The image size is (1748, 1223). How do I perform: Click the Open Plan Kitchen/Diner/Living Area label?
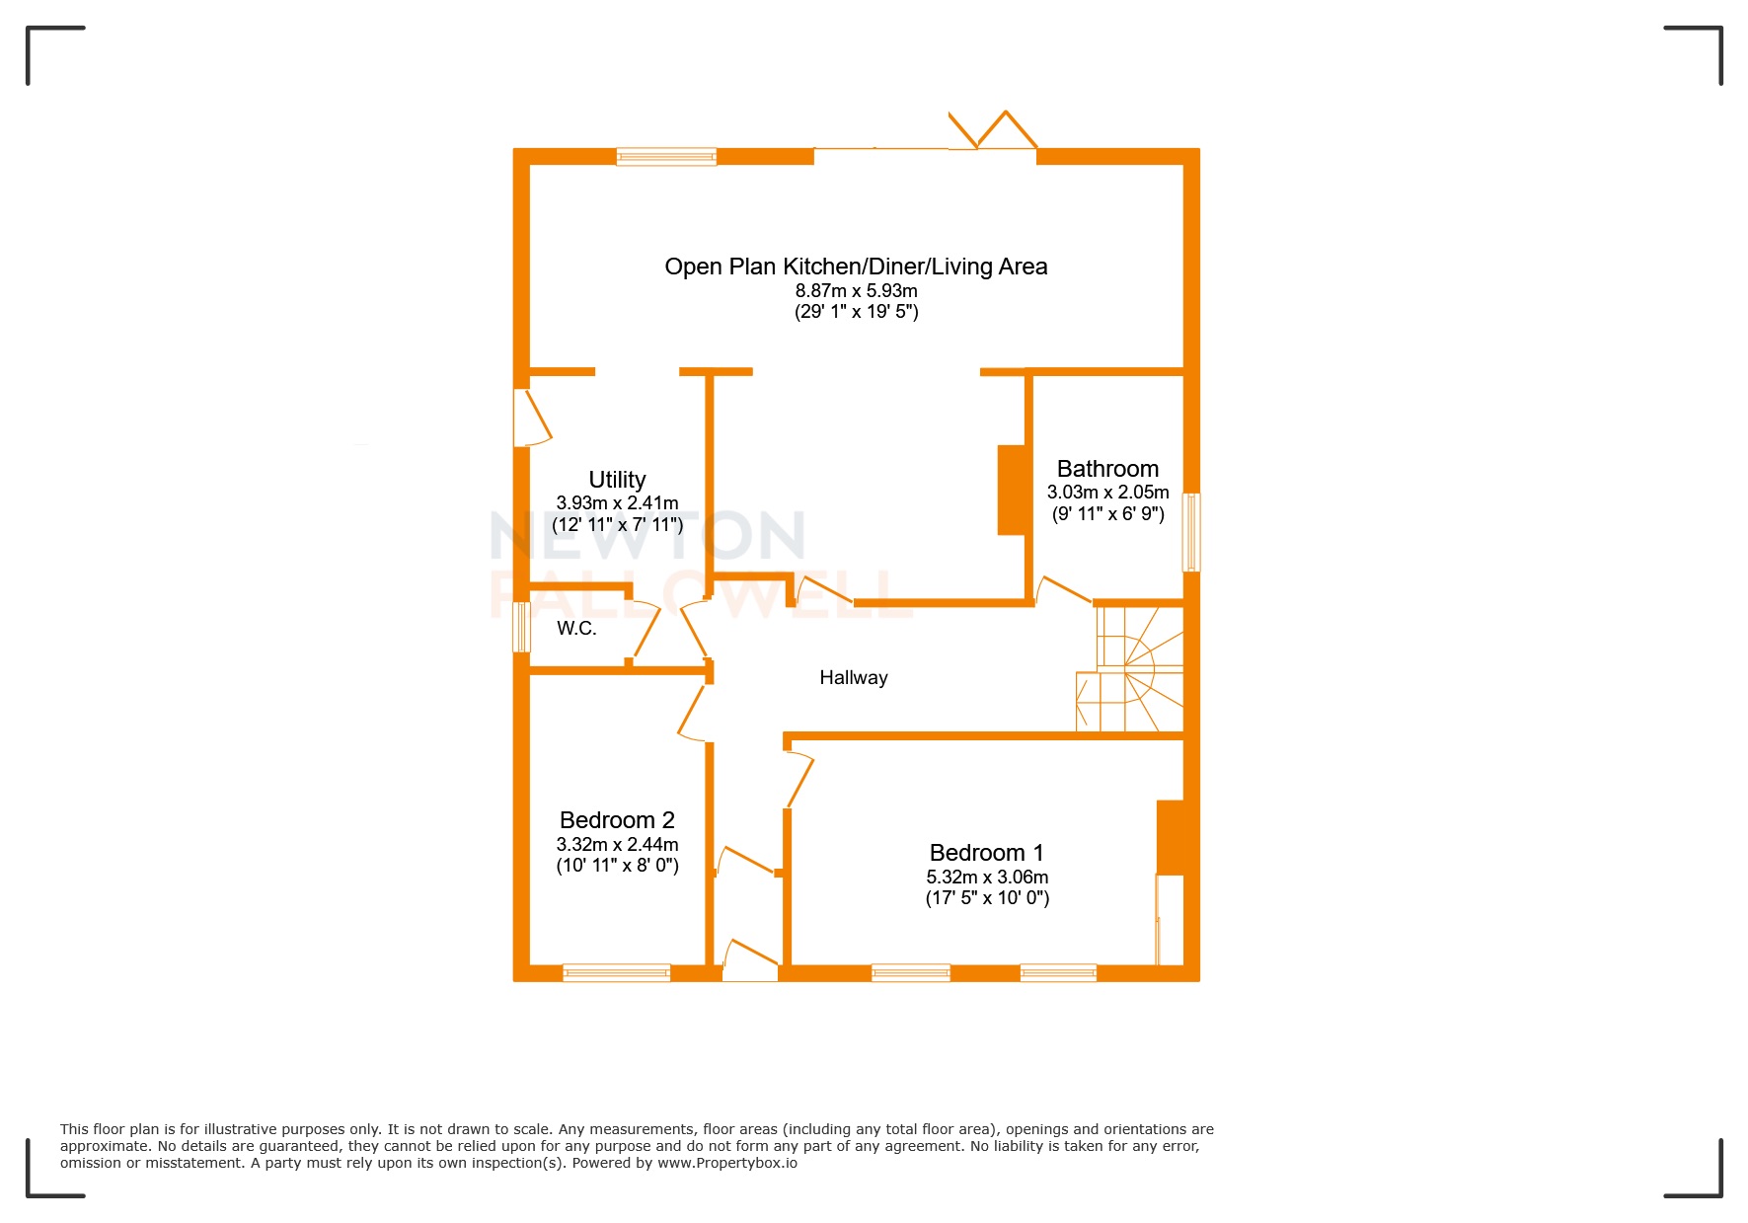[856, 267]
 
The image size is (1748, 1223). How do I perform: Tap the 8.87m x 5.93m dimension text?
[856, 291]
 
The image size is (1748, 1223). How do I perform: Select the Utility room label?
[617, 480]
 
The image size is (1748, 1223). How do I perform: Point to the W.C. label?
[576, 629]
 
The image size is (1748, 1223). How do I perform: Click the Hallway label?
[853, 678]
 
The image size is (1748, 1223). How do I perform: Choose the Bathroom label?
[1107, 469]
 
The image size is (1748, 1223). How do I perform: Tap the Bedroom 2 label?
[617, 820]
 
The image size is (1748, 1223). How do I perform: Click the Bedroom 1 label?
[986, 853]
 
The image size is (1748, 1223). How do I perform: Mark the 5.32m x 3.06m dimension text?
[986, 878]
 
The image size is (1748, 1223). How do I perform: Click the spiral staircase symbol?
[1135, 669]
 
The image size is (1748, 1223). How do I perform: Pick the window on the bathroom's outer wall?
[1191, 532]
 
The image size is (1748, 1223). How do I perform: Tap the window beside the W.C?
[521, 627]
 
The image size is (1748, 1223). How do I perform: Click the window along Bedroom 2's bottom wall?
[616, 972]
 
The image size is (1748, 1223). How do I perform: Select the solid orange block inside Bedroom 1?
[1171, 837]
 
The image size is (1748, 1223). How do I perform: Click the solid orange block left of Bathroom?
[1012, 491]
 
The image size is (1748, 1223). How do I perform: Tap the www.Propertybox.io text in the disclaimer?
[727, 1163]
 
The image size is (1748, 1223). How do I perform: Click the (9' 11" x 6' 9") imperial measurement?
[1107, 514]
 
